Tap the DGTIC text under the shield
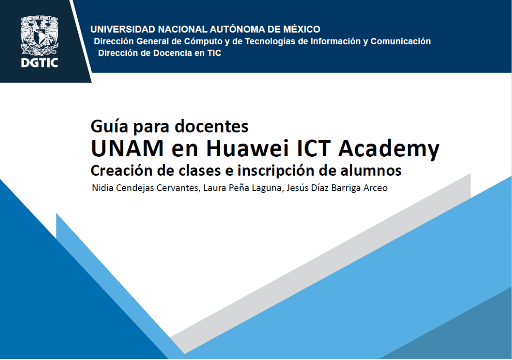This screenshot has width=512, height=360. pyautogui.click(x=40, y=63)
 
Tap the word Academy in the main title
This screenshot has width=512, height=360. pyautogui.click(x=389, y=149)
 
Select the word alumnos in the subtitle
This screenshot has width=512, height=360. pyautogui.click(x=375, y=171)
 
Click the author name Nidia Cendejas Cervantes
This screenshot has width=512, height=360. pyautogui.click(x=143, y=189)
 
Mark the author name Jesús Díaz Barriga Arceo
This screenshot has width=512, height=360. pyautogui.click(x=325, y=189)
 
